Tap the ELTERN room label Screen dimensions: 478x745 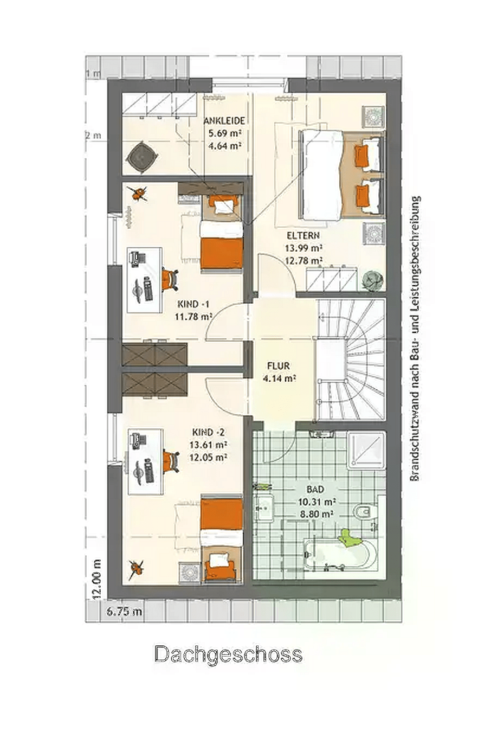click(x=303, y=235)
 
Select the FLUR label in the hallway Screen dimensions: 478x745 click(x=278, y=366)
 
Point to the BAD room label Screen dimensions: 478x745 click(x=315, y=489)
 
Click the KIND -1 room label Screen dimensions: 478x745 click(x=193, y=304)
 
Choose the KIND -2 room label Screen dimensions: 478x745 click(x=209, y=432)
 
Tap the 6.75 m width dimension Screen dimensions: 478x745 click(x=124, y=612)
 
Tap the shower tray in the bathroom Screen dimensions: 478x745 click(x=366, y=450)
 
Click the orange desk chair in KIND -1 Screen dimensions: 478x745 click(x=170, y=279)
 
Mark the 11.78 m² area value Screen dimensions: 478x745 click(x=193, y=317)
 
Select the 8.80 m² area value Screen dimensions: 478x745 click(x=315, y=514)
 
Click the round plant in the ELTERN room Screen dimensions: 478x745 click(x=372, y=280)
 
